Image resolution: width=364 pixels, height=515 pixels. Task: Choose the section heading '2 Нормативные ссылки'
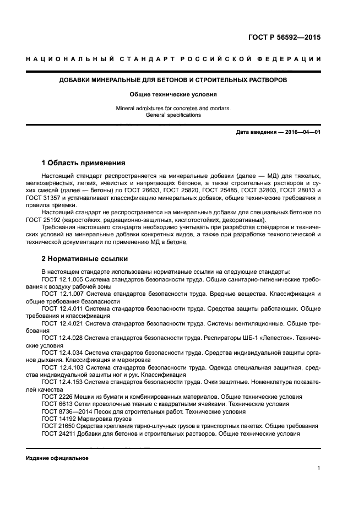click(x=83, y=258)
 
